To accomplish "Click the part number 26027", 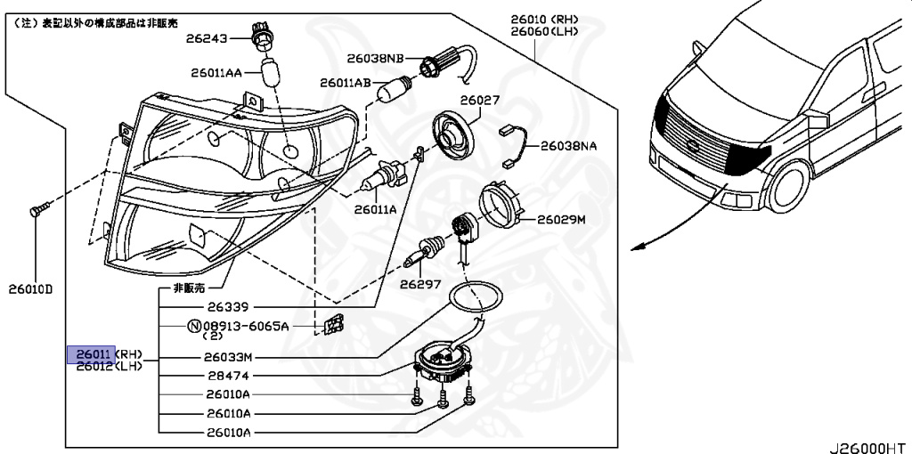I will [480, 101].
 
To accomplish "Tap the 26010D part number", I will [32, 289].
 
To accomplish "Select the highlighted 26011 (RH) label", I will [92, 353].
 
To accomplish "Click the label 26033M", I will [230, 358].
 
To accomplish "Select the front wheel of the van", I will [788, 191].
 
